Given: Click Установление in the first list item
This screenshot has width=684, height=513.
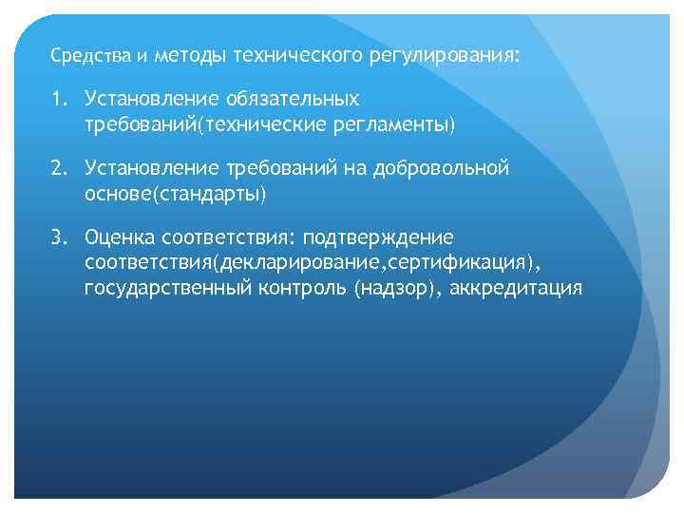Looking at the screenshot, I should (x=151, y=99).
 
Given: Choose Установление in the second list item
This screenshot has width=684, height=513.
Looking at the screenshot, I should (x=151, y=168).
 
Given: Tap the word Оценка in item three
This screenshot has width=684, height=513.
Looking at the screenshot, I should (x=120, y=237).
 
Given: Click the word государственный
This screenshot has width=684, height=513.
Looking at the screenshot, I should (x=167, y=288).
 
